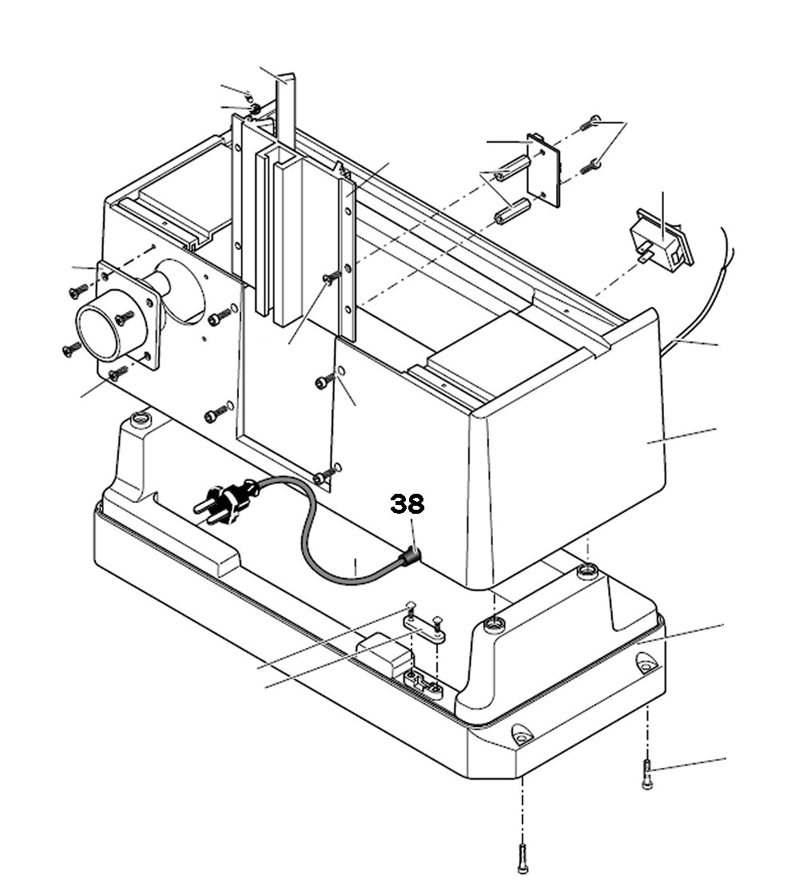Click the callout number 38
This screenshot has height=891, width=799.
pos(407,504)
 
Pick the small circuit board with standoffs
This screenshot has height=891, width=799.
pos(546,169)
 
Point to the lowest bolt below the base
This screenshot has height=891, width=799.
pos(522,858)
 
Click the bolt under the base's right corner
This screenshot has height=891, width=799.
pos(647,774)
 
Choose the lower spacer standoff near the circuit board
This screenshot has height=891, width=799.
pos(511,213)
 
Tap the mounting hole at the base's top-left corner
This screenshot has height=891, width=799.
pos(141,419)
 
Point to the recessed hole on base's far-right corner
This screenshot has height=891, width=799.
pos(646,662)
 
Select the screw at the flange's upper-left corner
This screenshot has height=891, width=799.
pos(78,292)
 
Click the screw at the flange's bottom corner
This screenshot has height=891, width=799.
pos(117,372)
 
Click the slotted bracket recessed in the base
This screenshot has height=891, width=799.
pos(424,684)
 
